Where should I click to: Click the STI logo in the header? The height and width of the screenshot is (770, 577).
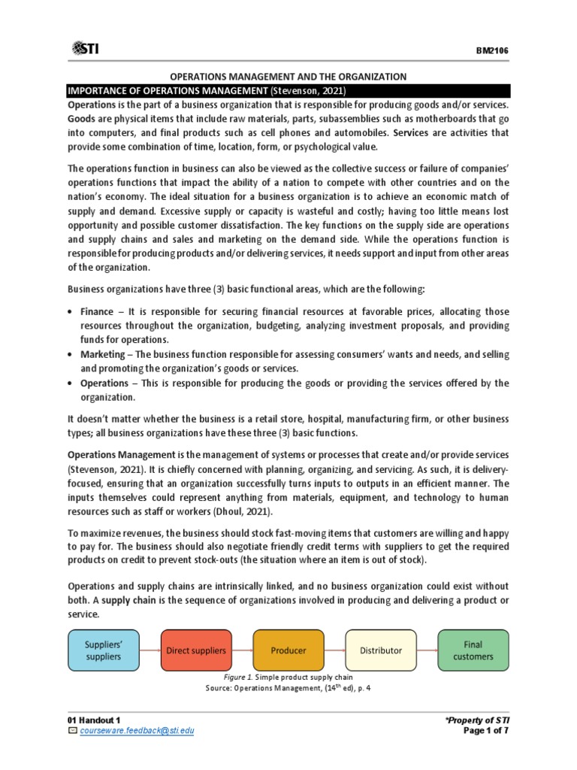tap(85, 49)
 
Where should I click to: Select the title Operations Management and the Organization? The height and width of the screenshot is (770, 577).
tap(288, 77)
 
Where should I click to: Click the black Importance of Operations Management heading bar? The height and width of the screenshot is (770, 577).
tap(288, 91)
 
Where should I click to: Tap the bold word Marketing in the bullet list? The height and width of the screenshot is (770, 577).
tap(104, 354)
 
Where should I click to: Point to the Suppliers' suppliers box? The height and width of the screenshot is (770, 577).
tap(104, 650)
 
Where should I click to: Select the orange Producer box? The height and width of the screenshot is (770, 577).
tap(289, 650)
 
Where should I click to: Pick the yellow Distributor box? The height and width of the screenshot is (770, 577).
tap(381, 650)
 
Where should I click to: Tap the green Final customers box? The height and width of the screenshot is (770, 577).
tap(473, 650)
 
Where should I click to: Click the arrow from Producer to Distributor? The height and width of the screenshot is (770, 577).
tap(335, 650)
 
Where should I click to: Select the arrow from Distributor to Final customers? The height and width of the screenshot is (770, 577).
tap(427, 650)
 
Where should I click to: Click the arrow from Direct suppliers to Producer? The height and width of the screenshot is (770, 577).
tap(243, 650)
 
